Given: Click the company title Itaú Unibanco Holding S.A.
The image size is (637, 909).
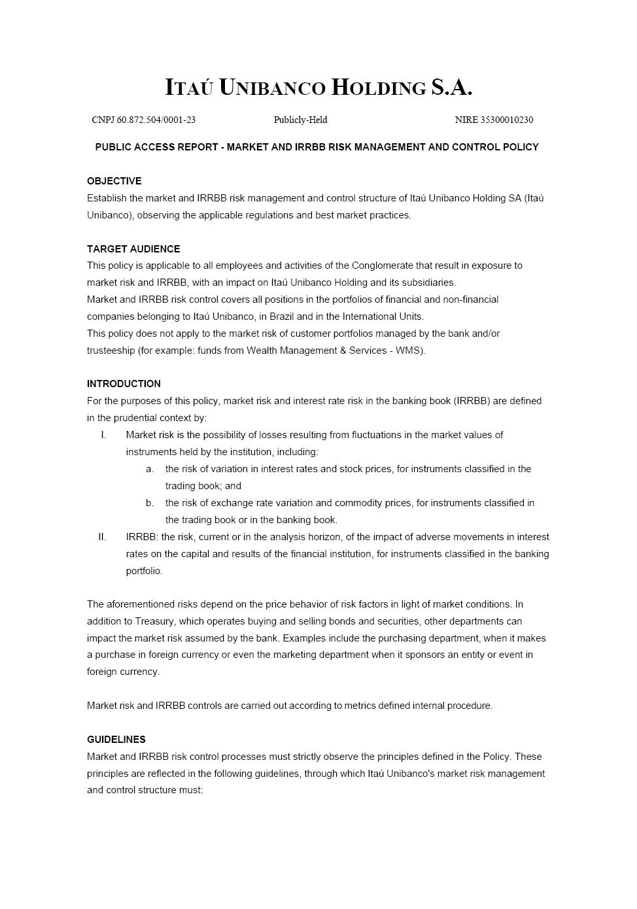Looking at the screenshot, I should pyautogui.click(x=318, y=87).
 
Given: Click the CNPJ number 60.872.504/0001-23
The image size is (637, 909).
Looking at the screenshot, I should pyautogui.click(x=156, y=120).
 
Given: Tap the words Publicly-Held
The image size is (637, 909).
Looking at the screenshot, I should pyautogui.click(x=300, y=120).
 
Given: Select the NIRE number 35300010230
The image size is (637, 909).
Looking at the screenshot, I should pyautogui.click(x=507, y=120).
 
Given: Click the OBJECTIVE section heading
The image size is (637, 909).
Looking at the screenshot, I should pyautogui.click(x=114, y=181).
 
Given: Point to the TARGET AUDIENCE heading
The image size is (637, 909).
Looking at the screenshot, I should pyautogui.click(x=133, y=249).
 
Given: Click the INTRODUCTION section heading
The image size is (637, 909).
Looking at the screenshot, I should pyautogui.click(x=124, y=384).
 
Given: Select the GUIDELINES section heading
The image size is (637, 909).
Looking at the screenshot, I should pyautogui.click(x=116, y=740).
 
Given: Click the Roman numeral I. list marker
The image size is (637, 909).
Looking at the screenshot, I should pyautogui.click(x=103, y=435).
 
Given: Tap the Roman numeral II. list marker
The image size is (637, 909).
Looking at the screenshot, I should pyautogui.click(x=102, y=537).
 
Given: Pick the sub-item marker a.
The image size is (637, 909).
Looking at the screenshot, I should pyautogui.click(x=150, y=469).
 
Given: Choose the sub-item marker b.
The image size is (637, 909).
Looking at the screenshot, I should pyautogui.click(x=150, y=503).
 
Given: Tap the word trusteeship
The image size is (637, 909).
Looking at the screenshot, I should pyautogui.click(x=111, y=351).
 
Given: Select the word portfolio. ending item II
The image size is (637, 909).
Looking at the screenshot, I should pyautogui.click(x=144, y=571).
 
